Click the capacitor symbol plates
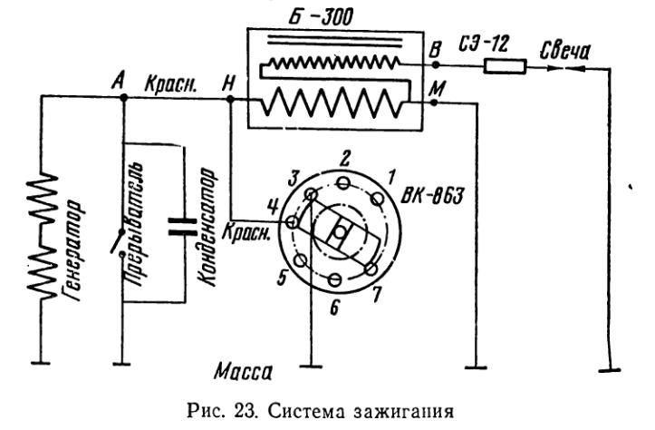click(183, 225)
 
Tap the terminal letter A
click(116, 82)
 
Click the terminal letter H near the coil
click(229, 83)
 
